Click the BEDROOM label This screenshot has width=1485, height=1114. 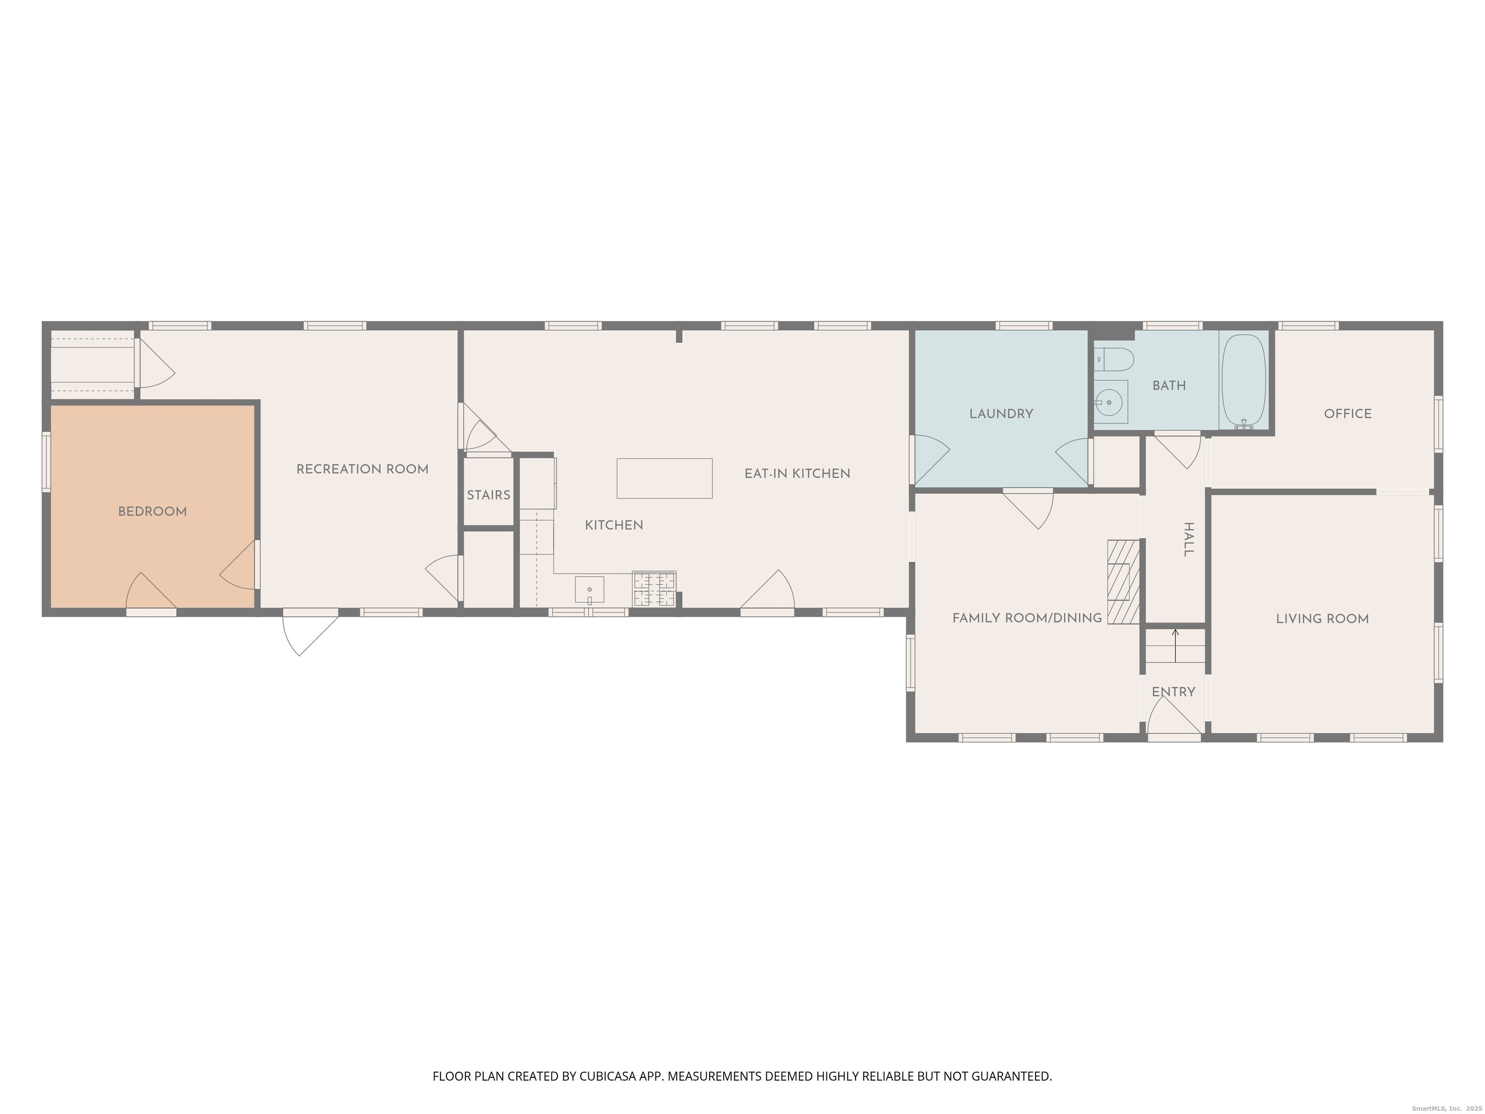click(152, 512)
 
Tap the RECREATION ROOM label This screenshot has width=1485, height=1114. click(363, 469)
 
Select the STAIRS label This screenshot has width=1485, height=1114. click(489, 495)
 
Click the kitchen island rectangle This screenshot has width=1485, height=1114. click(665, 478)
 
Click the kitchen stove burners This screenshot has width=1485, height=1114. click(654, 589)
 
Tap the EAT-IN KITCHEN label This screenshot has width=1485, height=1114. click(798, 473)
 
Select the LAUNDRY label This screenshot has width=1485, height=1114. click(1001, 413)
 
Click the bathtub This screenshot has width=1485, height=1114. click(1244, 381)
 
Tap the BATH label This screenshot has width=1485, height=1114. click(1169, 385)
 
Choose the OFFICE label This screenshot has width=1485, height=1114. click(1348, 413)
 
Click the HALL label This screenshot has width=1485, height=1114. click(1188, 540)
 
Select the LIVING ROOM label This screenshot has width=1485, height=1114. click(1323, 618)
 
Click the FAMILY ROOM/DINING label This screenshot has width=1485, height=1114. click(1027, 618)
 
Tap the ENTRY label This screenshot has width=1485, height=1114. click(1174, 691)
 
